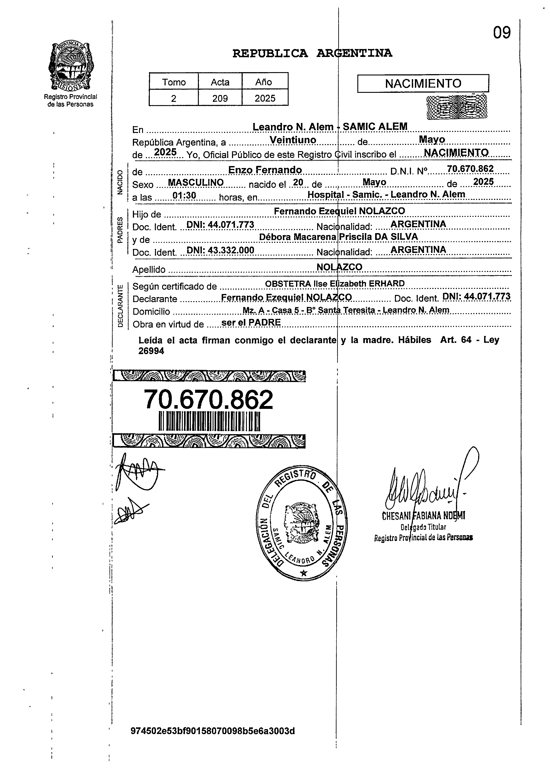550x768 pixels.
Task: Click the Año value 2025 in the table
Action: pyautogui.click(x=265, y=98)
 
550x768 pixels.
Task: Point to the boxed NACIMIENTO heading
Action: pyautogui.click(x=423, y=83)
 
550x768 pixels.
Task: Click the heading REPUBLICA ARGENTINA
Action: pyautogui.click(x=312, y=53)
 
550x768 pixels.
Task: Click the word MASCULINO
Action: pyautogui.click(x=196, y=183)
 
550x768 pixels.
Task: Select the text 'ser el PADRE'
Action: pyautogui.click(x=251, y=322)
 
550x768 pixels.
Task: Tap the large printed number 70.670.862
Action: pyautogui.click(x=208, y=400)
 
